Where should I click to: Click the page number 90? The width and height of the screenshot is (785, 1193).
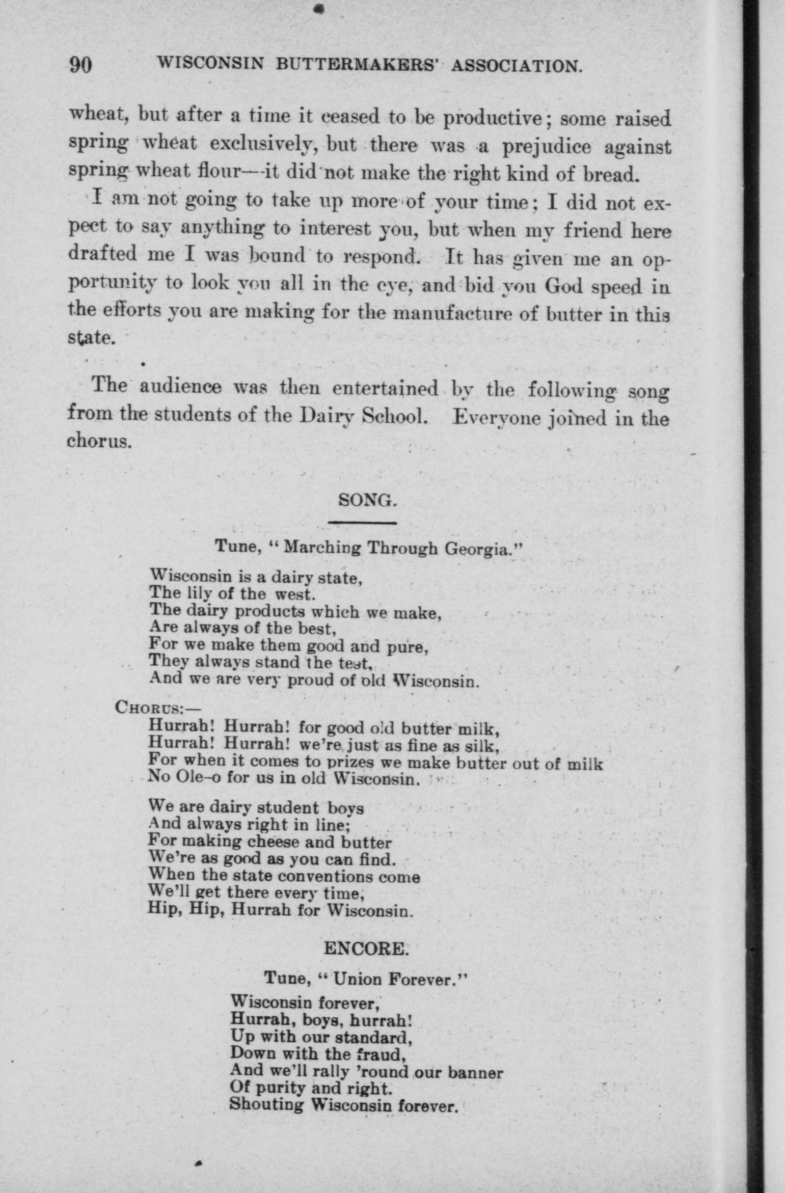[80, 65]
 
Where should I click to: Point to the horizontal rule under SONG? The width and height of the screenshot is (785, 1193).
[362, 523]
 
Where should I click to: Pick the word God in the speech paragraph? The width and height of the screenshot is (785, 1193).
[564, 286]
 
